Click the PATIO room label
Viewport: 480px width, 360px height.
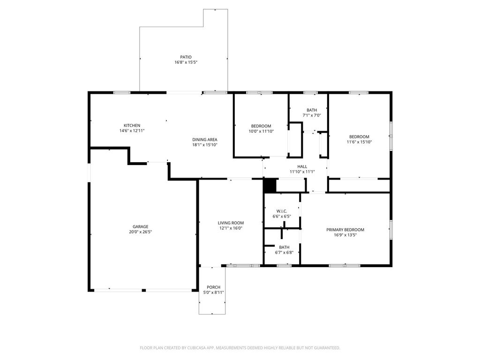click(x=186, y=57)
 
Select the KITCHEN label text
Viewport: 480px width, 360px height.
click(x=132, y=126)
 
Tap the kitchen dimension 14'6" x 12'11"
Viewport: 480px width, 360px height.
click(x=132, y=131)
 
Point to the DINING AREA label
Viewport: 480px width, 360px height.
click(x=205, y=140)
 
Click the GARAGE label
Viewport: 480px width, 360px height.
click(x=141, y=227)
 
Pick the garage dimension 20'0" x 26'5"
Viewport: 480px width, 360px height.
click(x=141, y=232)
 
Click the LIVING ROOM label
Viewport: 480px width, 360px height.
click(x=231, y=223)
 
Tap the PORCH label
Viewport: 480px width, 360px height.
click(x=213, y=287)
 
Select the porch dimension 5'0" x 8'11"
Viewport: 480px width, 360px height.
click(x=213, y=292)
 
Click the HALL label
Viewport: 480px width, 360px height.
click(x=302, y=166)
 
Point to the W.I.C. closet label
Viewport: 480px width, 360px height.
click(x=282, y=211)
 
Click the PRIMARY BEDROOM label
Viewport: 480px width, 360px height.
click(x=345, y=230)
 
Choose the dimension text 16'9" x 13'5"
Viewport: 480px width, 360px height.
click(x=345, y=235)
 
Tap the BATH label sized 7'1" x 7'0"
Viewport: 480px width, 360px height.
click(x=312, y=110)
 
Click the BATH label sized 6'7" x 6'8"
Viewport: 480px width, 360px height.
click(x=284, y=247)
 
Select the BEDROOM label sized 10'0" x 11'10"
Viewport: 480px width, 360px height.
click(x=261, y=126)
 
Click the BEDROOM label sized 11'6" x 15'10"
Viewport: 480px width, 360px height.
click(x=360, y=137)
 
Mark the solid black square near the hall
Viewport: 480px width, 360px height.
click(x=270, y=186)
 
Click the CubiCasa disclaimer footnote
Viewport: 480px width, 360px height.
click(x=240, y=348)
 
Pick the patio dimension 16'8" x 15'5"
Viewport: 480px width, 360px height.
click(x=186, y=62)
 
